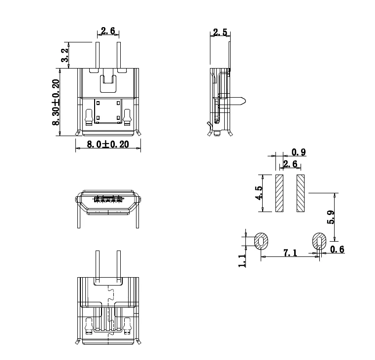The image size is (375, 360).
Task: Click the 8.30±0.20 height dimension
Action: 56,102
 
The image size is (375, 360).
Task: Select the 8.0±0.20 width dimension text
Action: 108,144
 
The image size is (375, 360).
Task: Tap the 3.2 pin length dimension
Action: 65,55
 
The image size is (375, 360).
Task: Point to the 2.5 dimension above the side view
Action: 220,33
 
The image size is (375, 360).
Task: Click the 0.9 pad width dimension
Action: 299,152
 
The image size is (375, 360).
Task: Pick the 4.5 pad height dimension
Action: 259,193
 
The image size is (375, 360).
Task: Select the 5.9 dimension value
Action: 331,217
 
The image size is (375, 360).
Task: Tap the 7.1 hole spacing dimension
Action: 290,253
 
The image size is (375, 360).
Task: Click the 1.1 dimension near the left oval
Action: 242,260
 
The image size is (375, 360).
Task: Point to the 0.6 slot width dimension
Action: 337,250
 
